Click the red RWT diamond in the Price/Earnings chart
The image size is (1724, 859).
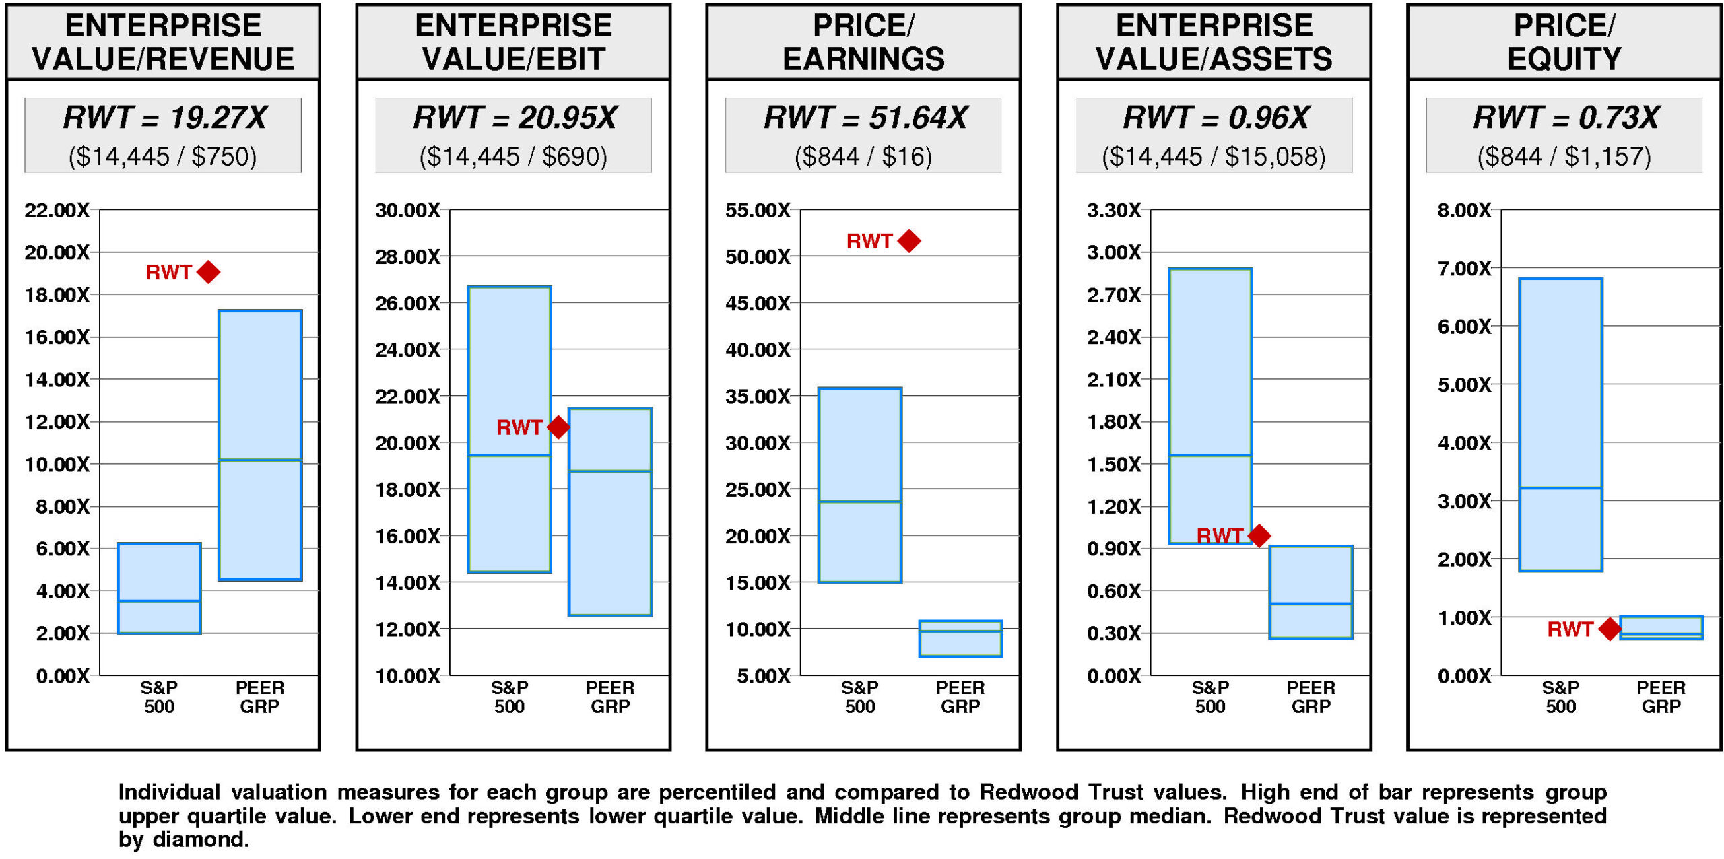(x=909, y=241)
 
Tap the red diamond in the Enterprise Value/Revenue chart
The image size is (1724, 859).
(x=209, y=272)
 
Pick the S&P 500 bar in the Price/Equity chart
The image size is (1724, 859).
(x=1560, y=424)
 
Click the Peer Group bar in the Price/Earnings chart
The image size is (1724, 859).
(x=960, y=638)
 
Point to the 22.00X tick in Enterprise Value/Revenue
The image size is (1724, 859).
(x=57, y=211)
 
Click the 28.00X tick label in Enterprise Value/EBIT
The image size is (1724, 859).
(x=407, y=256)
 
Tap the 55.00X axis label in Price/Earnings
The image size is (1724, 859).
(x=758, y=211)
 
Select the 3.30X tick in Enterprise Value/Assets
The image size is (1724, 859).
(x=1114, y=211)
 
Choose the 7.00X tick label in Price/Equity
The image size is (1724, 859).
(x=1464, y=269)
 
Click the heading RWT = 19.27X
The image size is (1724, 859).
(x=164, y=118)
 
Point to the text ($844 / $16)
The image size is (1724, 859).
(x=863, y=157)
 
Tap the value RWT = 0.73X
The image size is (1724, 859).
(x=1565, y=118)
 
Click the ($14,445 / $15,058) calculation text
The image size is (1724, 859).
(x=1214, y=157)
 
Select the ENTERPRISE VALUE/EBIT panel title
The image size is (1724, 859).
(x=513, y=42)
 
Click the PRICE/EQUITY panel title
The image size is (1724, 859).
(x=1564, y=42)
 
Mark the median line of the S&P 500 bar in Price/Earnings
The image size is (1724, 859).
(x=860, y=502)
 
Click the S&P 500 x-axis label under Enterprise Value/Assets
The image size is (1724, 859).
(x=1210, y=697)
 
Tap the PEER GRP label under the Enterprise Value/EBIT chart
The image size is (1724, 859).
(x=610, y=697)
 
